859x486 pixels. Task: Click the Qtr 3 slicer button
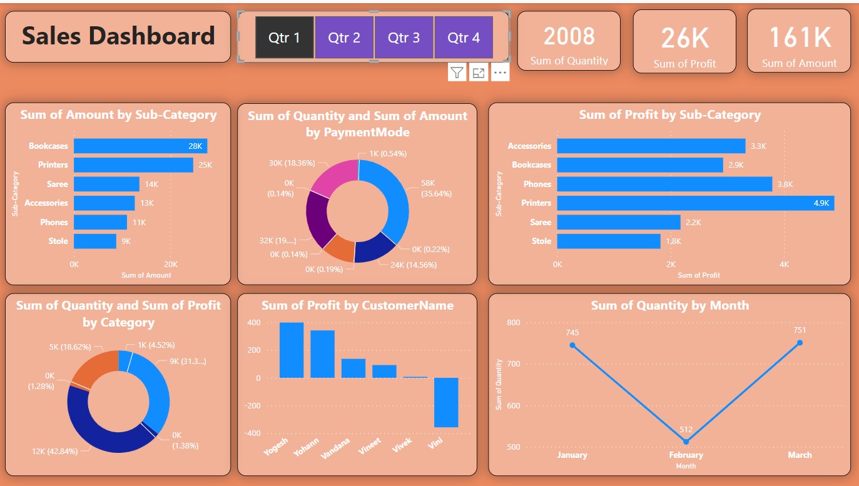pyautogui.click(x=404, y=38)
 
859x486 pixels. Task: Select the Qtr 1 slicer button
pyautogui.click(x=285, y=38)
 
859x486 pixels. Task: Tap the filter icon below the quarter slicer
pyautogui.click(x=457, y=73)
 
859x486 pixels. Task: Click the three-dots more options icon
pyautogui.click(x=499, y=73)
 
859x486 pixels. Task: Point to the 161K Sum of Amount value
pyautogui.click(x=800, y=38)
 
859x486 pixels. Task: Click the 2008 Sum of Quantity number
pyautogui.click(x=569, y=36)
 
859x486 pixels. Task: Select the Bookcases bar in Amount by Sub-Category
pyautogui.click(x=140, y=146)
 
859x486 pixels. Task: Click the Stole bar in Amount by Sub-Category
pyautogui.click(x=95, y=241)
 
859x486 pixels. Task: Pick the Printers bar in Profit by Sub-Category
pyautogui.click(x=695, y=203)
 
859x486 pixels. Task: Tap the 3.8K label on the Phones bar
pyautogui.click(x=785, y=184)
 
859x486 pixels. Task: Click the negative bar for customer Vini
pyautogui.click(x=446, y=402)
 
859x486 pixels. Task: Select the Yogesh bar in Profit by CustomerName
pyautogui.click(x=292, y=350)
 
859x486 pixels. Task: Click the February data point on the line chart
pyautogui.click(x=686, y=442)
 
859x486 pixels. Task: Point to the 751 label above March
pyautogui.click(x=800, y=330)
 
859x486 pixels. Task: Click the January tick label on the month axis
pyautogui.click(x=572, y=455)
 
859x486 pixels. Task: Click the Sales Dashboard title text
pyautogui.click(x=118, y=36)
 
